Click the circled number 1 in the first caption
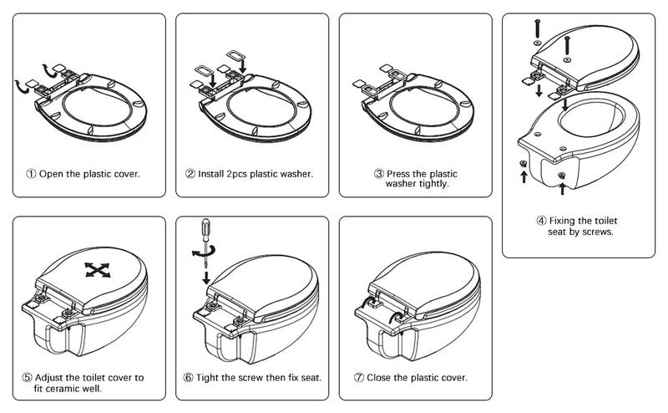(31, 174)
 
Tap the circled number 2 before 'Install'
(190, 174)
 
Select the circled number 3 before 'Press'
(379, 174)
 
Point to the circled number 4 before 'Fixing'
(541, 221)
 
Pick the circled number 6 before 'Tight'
(189, 378)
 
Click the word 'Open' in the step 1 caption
(55, 174)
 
